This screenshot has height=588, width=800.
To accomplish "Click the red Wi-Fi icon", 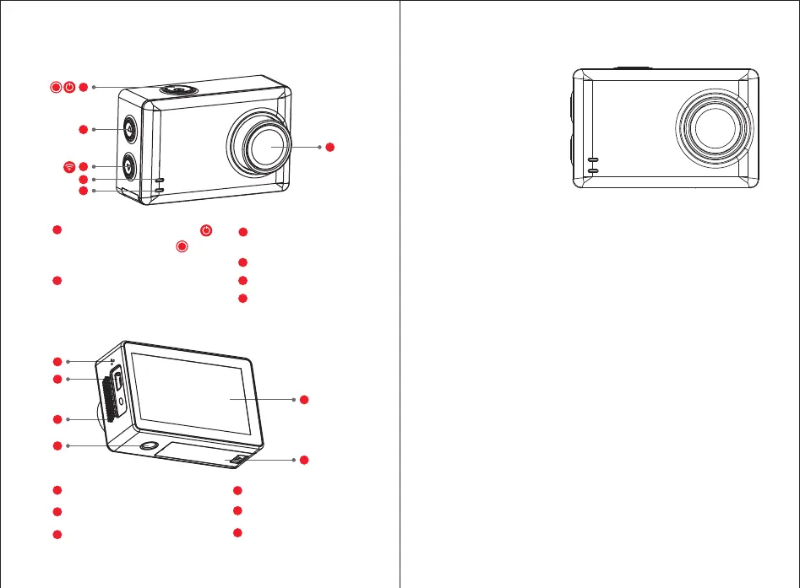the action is coord(68,167).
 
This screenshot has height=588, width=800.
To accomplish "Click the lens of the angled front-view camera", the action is coord(262,144).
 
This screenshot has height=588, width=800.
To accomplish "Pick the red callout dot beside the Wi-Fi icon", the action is coord(83,167).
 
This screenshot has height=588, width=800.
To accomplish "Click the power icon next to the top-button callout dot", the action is coord(69,87).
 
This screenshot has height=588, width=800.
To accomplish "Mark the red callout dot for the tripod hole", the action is coord(56,445).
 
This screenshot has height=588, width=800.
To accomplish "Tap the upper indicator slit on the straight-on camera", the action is coord(593,159).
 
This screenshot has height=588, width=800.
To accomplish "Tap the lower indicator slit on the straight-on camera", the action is coord(593,170).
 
